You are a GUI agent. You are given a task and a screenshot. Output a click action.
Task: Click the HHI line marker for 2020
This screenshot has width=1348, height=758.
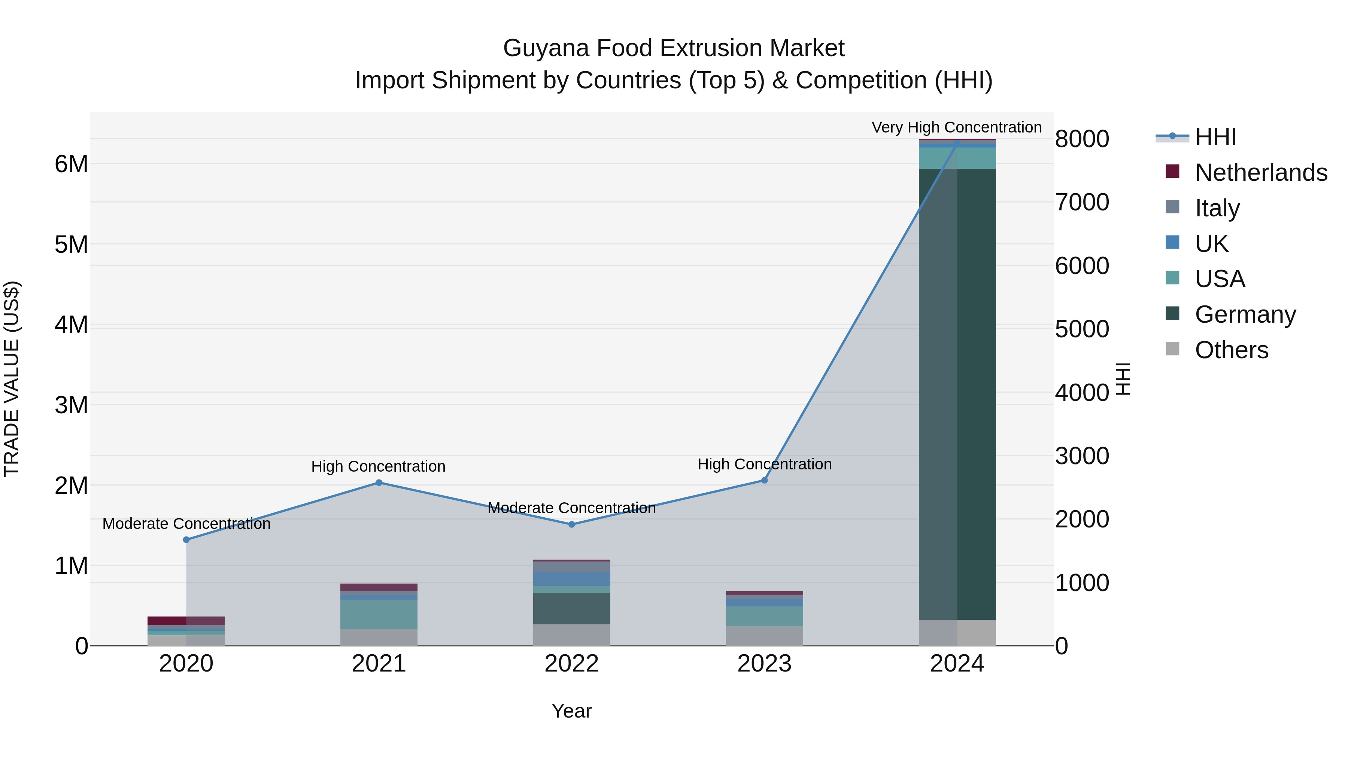186,539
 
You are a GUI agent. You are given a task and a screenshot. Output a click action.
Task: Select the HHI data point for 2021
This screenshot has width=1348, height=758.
379,482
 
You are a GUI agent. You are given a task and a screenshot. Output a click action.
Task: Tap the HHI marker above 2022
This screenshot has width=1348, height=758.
571,524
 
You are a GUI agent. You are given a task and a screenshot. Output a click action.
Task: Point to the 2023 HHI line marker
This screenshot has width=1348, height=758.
764,480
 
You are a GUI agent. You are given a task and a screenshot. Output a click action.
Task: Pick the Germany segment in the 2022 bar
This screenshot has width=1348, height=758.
571,608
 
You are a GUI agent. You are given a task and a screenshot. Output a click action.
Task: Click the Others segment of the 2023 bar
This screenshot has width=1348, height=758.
764,636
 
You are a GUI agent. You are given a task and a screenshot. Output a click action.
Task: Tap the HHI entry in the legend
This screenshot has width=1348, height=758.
1215,137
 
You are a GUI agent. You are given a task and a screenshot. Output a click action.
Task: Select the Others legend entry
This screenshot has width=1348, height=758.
1231,350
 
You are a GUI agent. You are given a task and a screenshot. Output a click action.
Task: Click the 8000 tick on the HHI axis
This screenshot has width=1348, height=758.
1081,139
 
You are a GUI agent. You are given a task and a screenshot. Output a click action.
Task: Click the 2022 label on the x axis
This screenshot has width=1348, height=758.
571,664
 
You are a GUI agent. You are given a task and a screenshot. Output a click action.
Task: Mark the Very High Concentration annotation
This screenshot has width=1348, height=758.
956,127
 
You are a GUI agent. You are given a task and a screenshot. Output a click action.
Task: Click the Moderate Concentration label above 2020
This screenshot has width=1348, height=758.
186,523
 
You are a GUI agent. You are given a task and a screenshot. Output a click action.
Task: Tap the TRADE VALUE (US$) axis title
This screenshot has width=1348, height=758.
12,379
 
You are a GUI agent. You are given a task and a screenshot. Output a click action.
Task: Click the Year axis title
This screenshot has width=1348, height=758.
571,711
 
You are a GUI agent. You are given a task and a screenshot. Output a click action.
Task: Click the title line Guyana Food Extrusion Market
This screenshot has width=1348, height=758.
674,48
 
